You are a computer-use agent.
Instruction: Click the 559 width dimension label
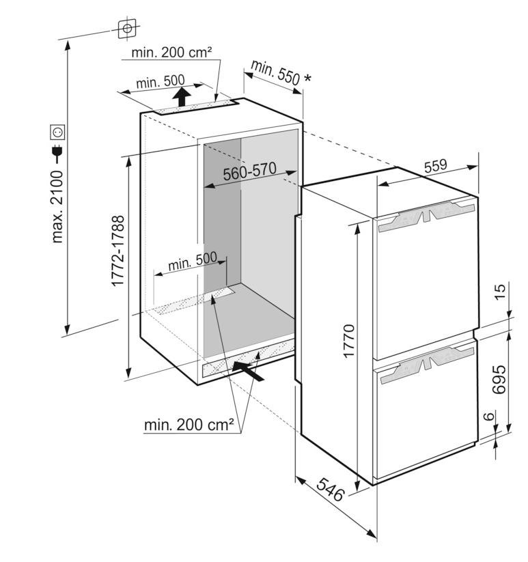[436, 165]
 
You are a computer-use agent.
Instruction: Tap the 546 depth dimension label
[330, 489]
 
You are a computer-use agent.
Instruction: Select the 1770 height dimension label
[348, 341]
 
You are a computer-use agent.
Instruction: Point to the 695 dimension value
[499, 380]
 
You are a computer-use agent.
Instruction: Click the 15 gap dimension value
[500, 292]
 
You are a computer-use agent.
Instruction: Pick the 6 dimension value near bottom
[489, 416]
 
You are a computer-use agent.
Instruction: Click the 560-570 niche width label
[250, 171]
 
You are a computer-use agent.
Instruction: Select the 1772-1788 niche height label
[118, 251]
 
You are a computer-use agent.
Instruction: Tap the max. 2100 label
[57, 207]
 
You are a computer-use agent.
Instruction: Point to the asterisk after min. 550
[307, 78]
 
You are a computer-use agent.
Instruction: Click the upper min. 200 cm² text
[171, 53]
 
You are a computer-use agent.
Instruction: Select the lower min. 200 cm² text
[189, 425]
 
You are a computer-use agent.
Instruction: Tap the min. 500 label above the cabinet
[161, 82]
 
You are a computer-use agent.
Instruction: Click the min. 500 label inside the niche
[193, 262]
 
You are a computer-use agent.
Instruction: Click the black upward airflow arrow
[182, 97]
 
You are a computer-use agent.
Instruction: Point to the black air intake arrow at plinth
[248, 371]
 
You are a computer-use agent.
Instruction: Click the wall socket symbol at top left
[127, 29]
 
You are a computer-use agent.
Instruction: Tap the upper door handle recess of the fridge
[426, 216]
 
